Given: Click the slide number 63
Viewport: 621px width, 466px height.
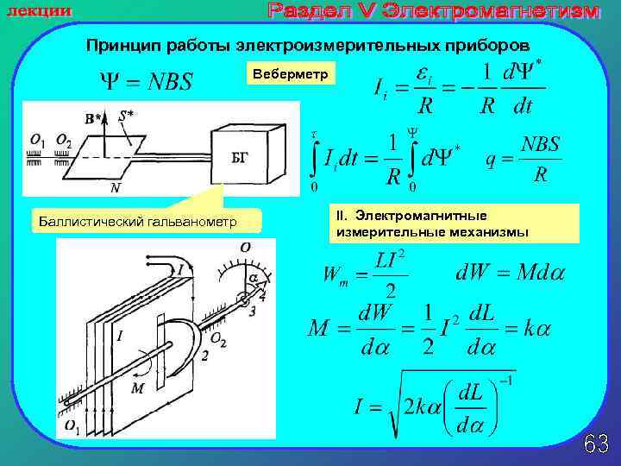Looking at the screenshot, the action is pos(596,444).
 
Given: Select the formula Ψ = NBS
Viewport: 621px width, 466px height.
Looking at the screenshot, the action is pos(146,82).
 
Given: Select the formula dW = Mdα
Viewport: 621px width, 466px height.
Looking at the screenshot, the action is pos(510,274).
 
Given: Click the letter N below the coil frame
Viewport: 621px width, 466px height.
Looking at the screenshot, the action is pos(115,187).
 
